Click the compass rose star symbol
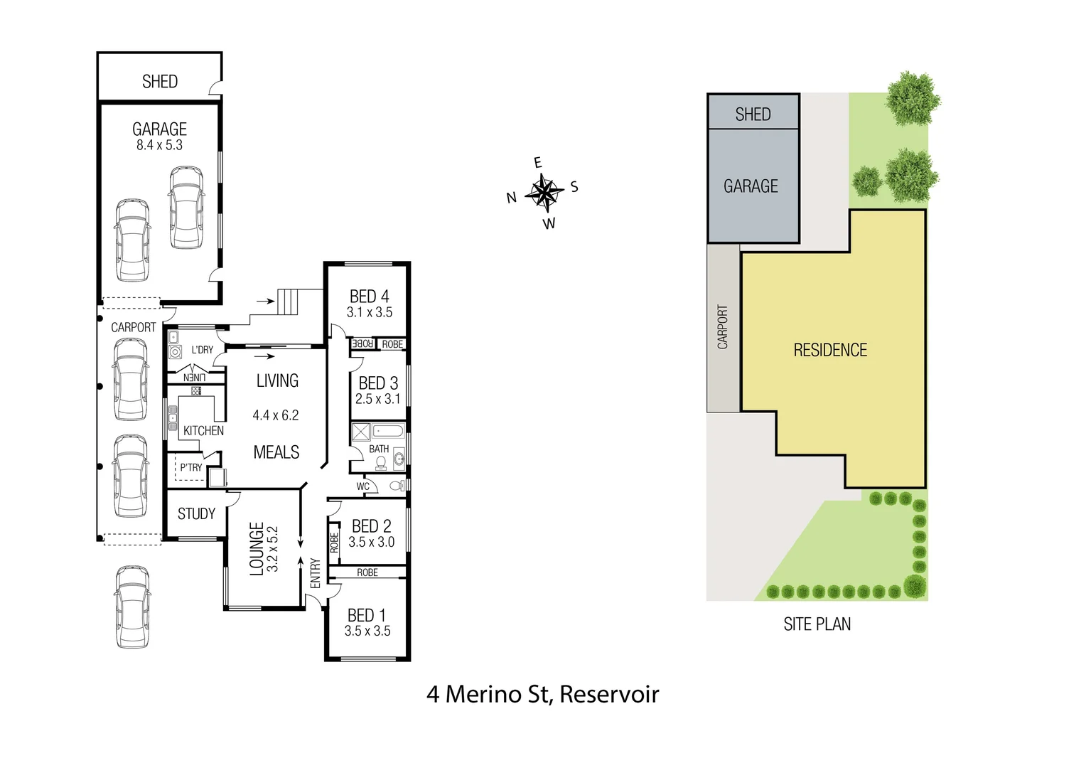click(544, 192)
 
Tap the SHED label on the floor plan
click(160, 82)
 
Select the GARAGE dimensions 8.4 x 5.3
click(159, 145)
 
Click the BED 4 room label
click(369, 296)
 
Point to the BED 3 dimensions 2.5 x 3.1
click(377, 399)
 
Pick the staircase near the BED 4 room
click(288, 302)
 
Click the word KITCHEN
click(203, 431)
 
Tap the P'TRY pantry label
click(190, 467)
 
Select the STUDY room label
click(196, 513)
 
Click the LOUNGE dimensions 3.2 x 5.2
click(272, 549)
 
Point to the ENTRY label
click(316, 573)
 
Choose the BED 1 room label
click(367, 615)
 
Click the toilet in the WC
click(397, 486)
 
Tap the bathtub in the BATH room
click(388, 431)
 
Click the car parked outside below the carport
click(133, 607)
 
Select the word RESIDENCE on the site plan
click(830, 350)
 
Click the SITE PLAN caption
click(817, 624)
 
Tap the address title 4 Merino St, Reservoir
click(542, 694)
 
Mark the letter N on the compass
click(511, 198)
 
